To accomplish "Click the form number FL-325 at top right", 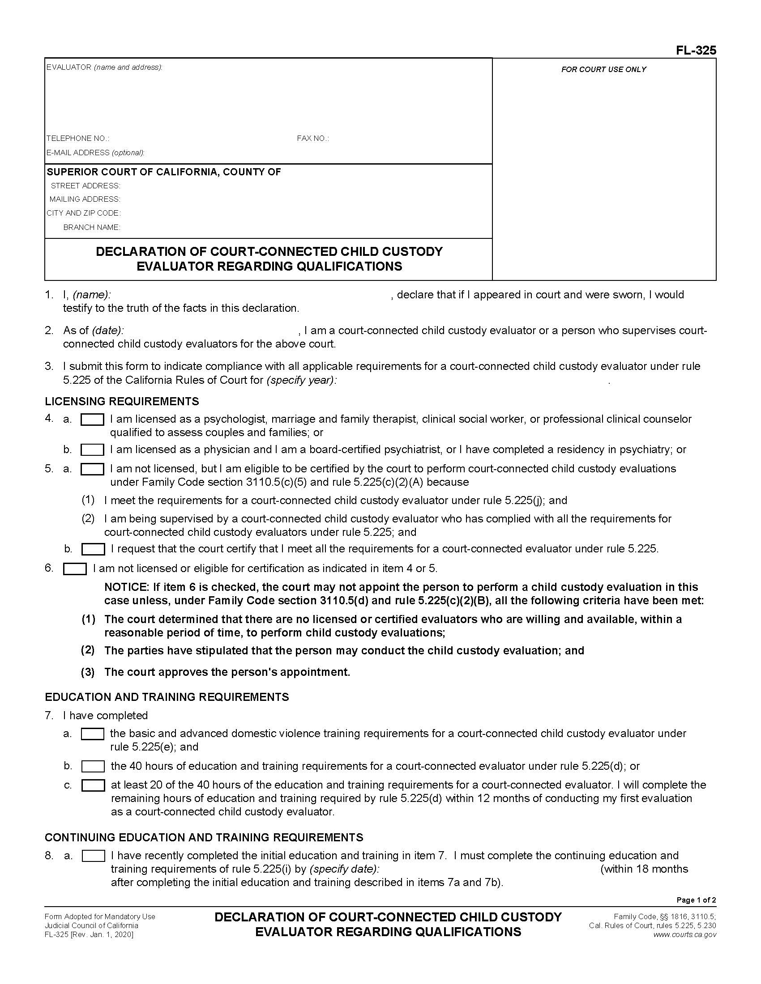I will pyautogui.click(x=695, y=51).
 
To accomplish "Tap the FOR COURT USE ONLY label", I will pyautogui.click(x=603, y=69).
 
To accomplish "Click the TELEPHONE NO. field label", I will pyautogui.click(x=77, y=138).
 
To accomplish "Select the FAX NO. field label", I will pyautogui.click(x=312, y=138).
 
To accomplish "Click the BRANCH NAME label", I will pyautogui.click(x=91, y=227).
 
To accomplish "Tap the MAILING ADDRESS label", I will pyautogui.click(x=85, y=199).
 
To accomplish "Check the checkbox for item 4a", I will pyautogui.click(x=92, y=420).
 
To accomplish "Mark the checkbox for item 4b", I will pyautogui.click(x=92, y=450).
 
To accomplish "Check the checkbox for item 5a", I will pyautogui.click(x=92, y=469).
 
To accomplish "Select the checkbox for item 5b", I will pyautogui.click(x=93, y=549).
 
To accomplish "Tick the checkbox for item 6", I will pyautogui.click(x=75, y=569).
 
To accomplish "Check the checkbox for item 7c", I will pyautogui.click(x=93, y=786).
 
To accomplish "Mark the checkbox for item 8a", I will pyautogui.click(x=93, y=856).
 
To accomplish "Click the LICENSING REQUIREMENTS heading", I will pyautogui.click(x=122, y=401).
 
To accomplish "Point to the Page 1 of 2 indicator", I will pyautogui.click(x=696, y=900).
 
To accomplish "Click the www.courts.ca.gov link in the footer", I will pyautogui.click(x=684, y=934).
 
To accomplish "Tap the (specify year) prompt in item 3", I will pyautogui.click(x=301, y=380).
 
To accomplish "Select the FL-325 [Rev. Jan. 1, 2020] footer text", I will pyautogui.click(x=89, y=934).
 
